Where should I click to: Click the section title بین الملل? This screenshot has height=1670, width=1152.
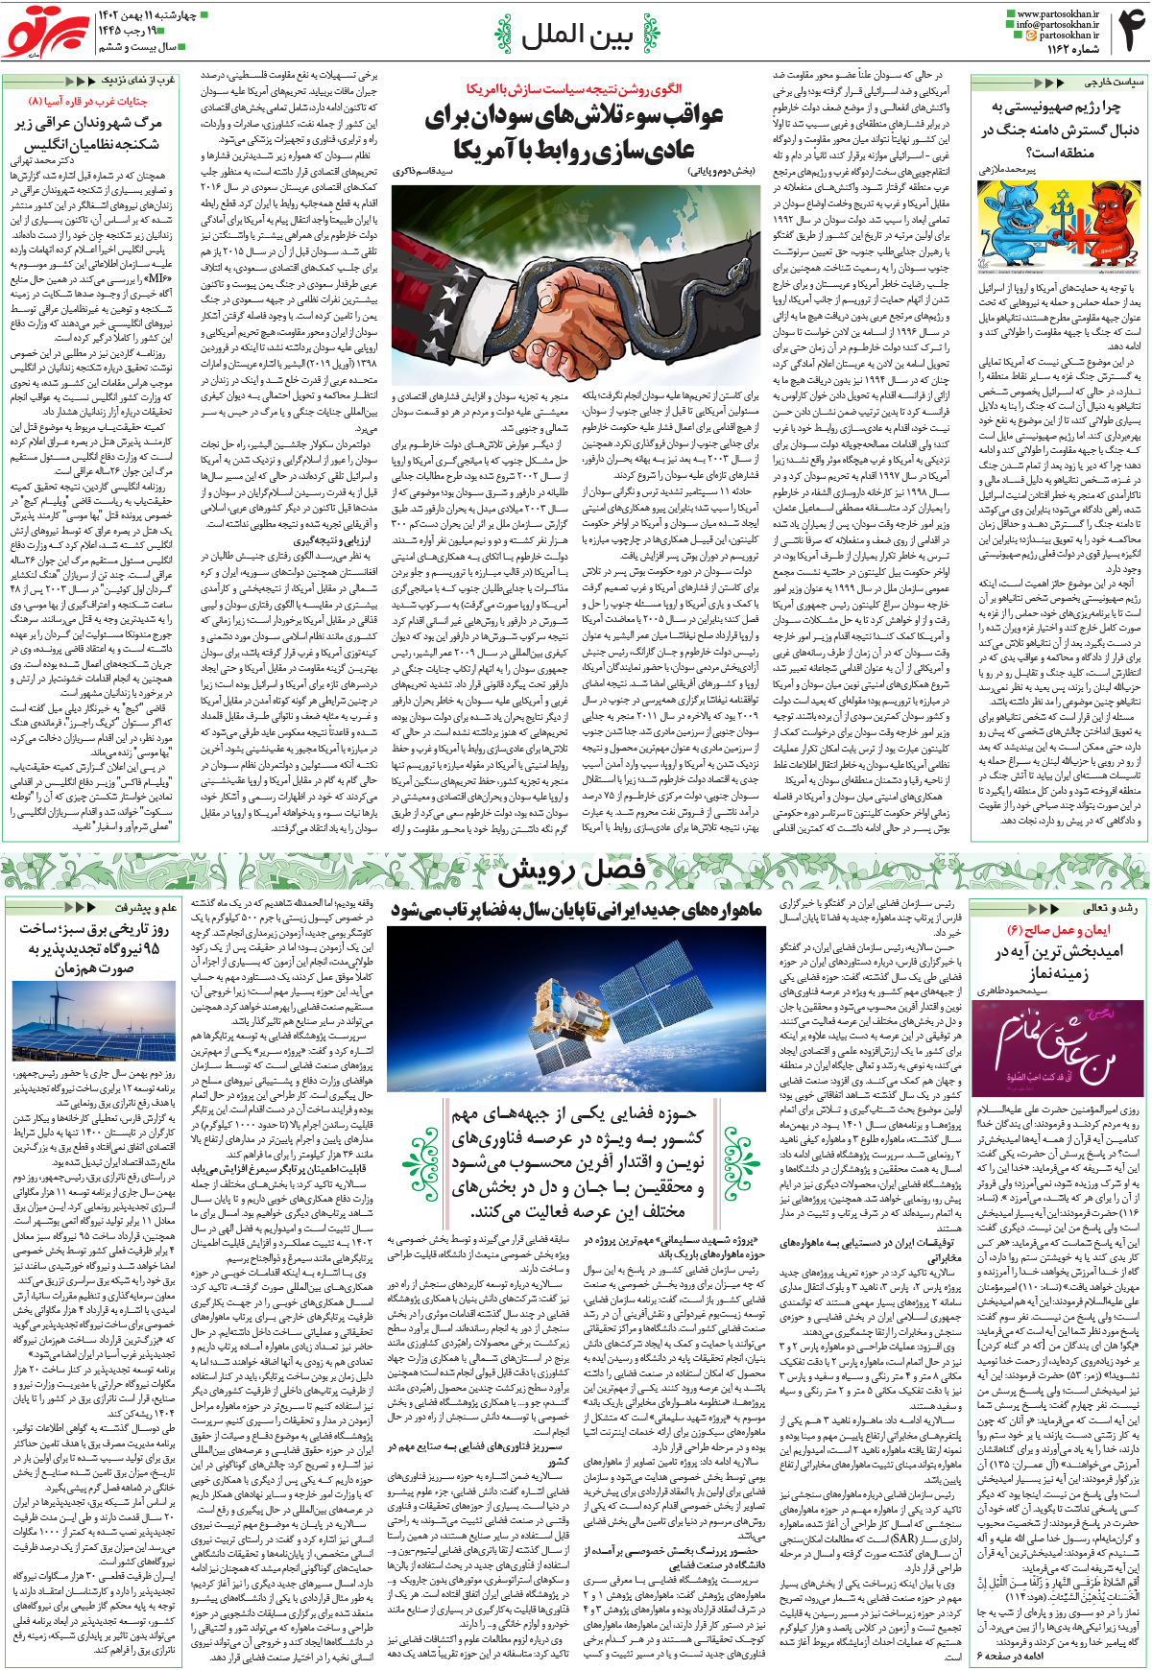(x=576, y=36)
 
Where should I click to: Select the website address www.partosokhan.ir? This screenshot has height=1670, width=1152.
(x=1056, y=13)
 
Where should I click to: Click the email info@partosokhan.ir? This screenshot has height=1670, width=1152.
(x=1059, y=25)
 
